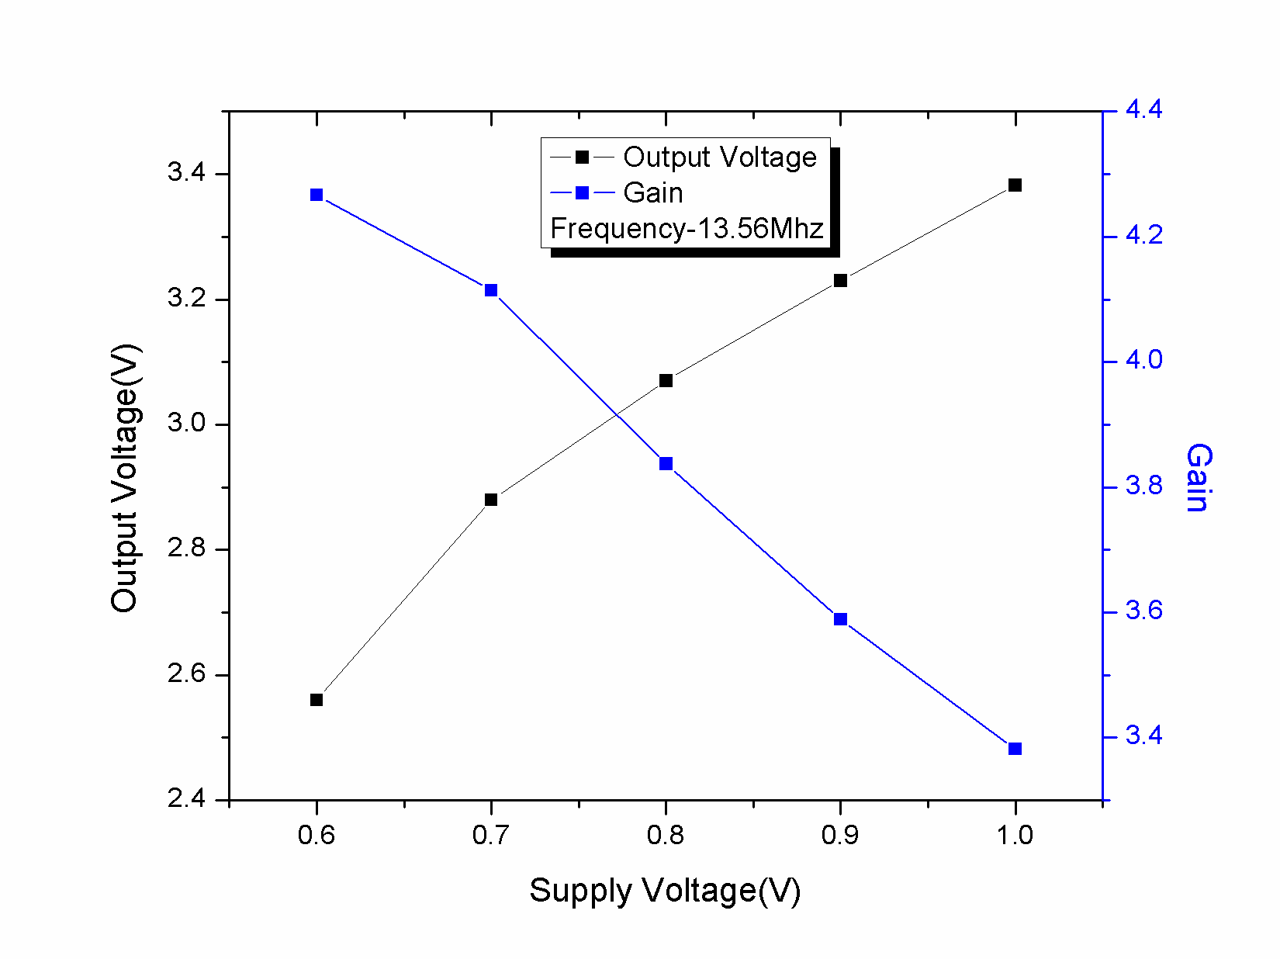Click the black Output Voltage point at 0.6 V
click(317, 700)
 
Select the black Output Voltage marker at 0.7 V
click(491, 500)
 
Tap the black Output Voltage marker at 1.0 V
click(1015, 185)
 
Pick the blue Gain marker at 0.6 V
click(317, 195)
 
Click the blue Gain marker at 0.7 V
click(491, 290)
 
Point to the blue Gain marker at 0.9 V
click(840, 619)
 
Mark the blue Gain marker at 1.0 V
click(1015, 749)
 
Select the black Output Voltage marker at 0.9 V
click(840, 280)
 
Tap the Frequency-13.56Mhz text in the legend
click(687, 229)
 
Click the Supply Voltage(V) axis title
click(665, 891)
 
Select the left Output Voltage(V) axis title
click(124, 478)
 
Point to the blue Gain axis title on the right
click(1197, 478)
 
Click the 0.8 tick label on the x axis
click(666, 836)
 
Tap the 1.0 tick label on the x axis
click(1015, 836)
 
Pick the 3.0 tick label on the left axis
click(186, 424)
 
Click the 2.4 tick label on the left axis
click(186, 798)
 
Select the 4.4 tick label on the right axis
click(1143, 110)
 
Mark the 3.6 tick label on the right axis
click(1143, 611)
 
